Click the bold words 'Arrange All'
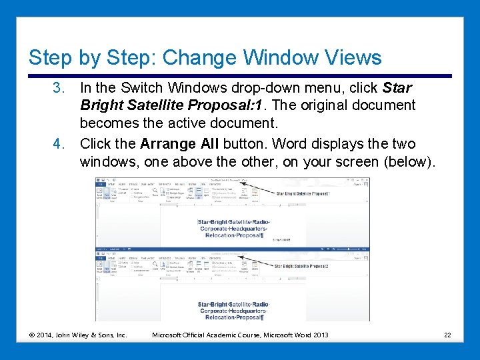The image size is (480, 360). (x=179, y=144)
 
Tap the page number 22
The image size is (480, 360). (x=447, y=335)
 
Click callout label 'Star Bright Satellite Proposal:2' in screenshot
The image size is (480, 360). (x=302, y=266)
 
